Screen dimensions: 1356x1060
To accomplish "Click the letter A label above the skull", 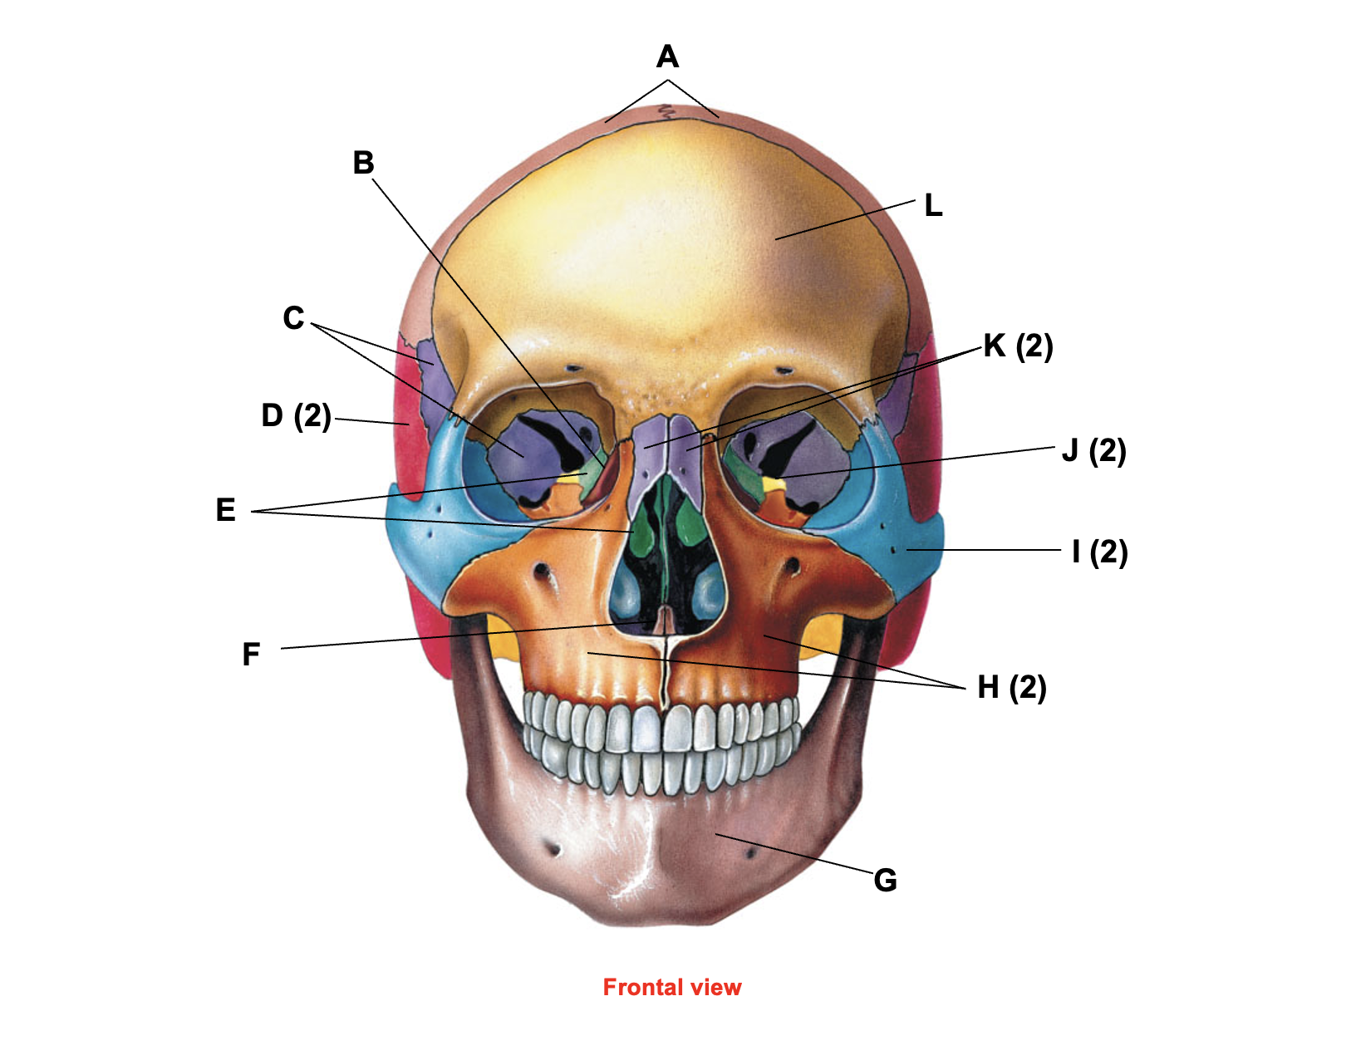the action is [x=667, y=56].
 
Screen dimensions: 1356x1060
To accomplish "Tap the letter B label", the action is [x=363, y=163].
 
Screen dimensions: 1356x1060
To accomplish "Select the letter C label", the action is [x=293, y=317].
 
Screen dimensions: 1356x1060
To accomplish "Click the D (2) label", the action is [x=296, y=416].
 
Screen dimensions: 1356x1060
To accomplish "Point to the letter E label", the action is [x=225, y=510].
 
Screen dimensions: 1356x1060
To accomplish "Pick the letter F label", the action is [x=251, y=655].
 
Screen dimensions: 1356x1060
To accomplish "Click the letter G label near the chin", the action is [x=885, y=881].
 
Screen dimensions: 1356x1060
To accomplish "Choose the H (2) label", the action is [x=1011, y=688].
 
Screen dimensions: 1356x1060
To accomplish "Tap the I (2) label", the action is [x=1099, y=552].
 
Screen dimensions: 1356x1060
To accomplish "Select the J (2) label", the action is [x=1094, y=451].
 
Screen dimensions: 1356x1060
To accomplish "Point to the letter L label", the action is [x=933, y=205].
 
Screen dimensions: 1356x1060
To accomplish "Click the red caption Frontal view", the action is [x=672, y=987].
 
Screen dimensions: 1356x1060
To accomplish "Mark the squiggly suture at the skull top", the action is [x=667, y=112].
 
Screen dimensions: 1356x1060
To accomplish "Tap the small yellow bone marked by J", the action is [x=771, y=483].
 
